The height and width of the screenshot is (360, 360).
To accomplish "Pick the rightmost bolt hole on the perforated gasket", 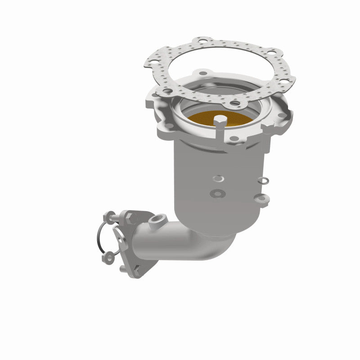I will [285, 81].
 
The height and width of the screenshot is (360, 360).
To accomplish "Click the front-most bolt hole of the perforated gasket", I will [234, 103].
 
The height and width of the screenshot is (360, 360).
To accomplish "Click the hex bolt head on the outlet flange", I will [131, 218].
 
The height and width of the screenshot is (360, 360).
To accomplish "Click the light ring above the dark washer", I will [218, 179].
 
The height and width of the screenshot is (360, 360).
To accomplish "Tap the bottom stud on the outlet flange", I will [123, 269].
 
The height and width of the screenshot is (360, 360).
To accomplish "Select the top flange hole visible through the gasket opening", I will [203, 73].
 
